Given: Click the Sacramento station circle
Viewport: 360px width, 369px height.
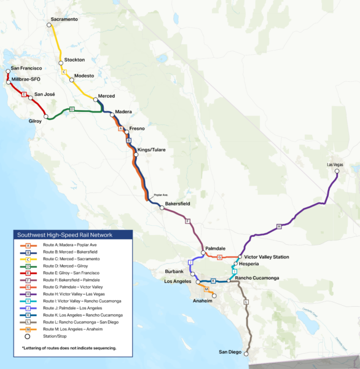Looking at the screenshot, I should pyautogui.click(x=52, y=25).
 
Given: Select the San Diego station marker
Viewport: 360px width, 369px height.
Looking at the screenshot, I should pyautogui.click(x=246, y=354).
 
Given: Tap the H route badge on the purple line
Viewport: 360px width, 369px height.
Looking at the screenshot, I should pyautogui.click(x=279, y=226).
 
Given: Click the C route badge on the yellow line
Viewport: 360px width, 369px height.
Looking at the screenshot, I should pyautogui.click(x=64, y=72).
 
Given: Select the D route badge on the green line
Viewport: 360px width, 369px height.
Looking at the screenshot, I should pyautogui.click(x=71, y=109).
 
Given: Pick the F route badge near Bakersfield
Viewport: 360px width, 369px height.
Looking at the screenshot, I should pyautogui.click(x=188, y=221).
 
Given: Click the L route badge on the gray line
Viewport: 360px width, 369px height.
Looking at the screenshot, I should pyautogui.click(x=246, y=302).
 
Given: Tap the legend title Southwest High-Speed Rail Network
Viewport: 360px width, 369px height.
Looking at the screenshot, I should pyautogui.click(x=73, y=235).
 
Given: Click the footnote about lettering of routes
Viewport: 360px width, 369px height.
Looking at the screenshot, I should pyautogui.click(x=69, y=348).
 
